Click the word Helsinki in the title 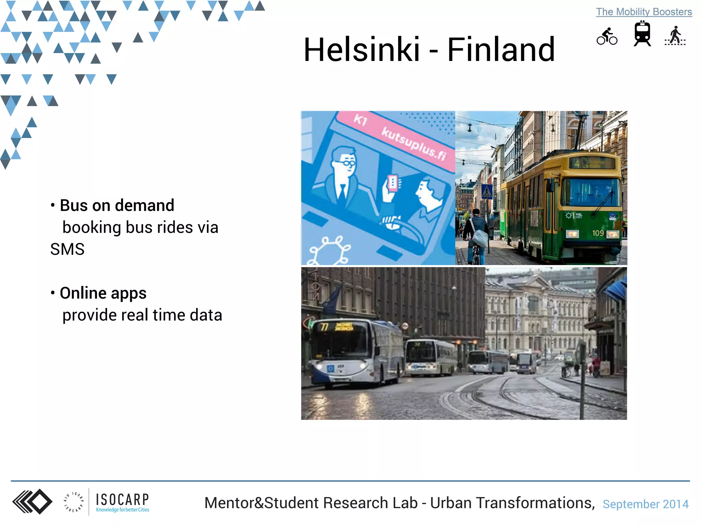tap(361, 50)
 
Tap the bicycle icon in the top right tap(607, 36)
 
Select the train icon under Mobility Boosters tap(642, 34)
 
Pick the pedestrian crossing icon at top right tap(675, 36)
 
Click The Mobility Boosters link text tap(644, 12)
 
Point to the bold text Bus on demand tap(117, 205)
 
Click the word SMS tap(67, 249)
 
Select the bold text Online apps tap(103, 293)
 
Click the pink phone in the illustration tap(393, 183)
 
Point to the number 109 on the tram tap(598, 233)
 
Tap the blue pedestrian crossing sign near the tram tap(487, 191)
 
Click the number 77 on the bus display tap(324, 327)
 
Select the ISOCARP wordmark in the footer tap(122, 500)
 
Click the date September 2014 tap(645, 504)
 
